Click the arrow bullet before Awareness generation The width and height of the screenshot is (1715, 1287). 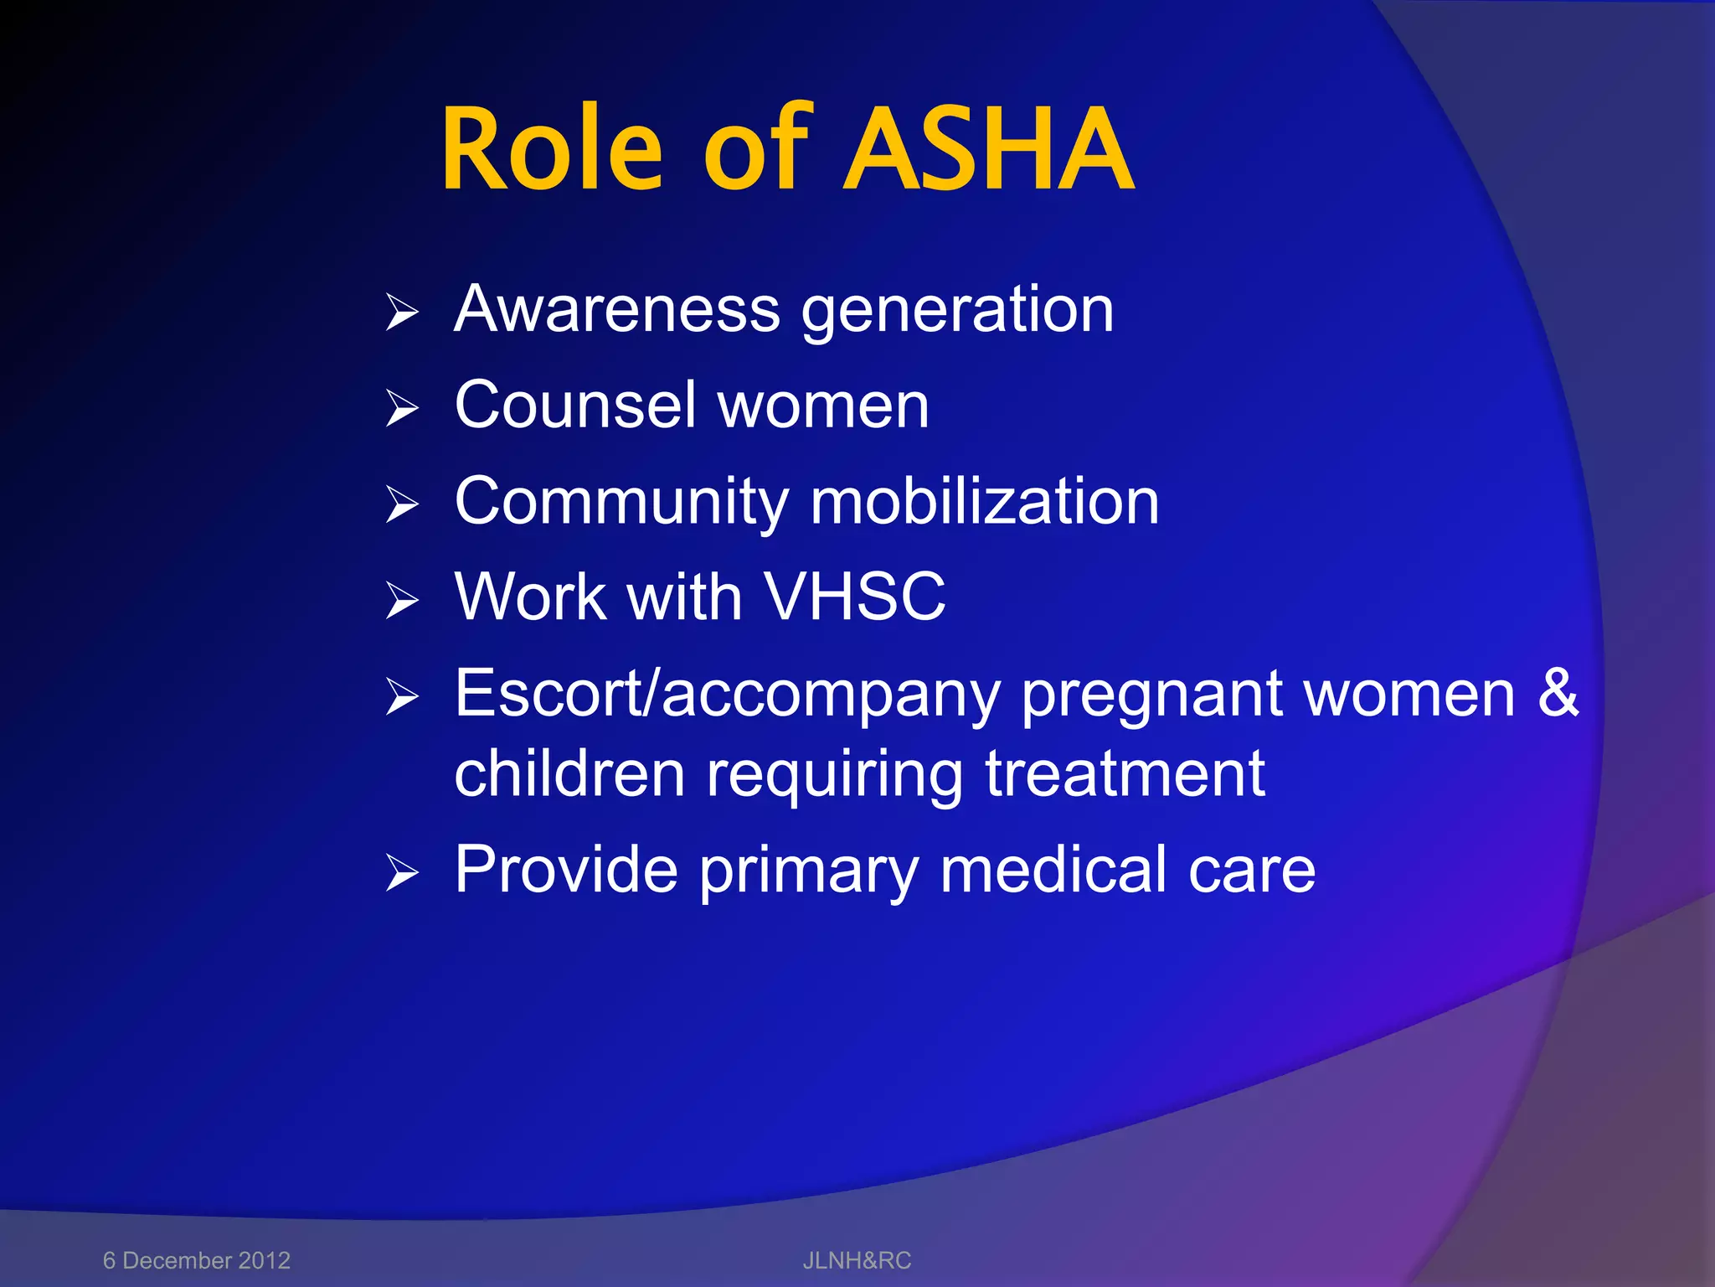(402, 313)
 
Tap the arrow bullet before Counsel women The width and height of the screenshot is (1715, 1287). (402, 409)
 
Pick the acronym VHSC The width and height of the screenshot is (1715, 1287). (855, 597)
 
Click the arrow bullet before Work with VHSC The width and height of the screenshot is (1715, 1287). (402, 601)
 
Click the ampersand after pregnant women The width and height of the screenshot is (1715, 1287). (1558, 694)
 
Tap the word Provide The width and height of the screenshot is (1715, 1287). (566, 870)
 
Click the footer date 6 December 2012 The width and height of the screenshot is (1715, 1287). (197, 1260)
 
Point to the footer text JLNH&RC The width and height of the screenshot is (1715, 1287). (857, 1260)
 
